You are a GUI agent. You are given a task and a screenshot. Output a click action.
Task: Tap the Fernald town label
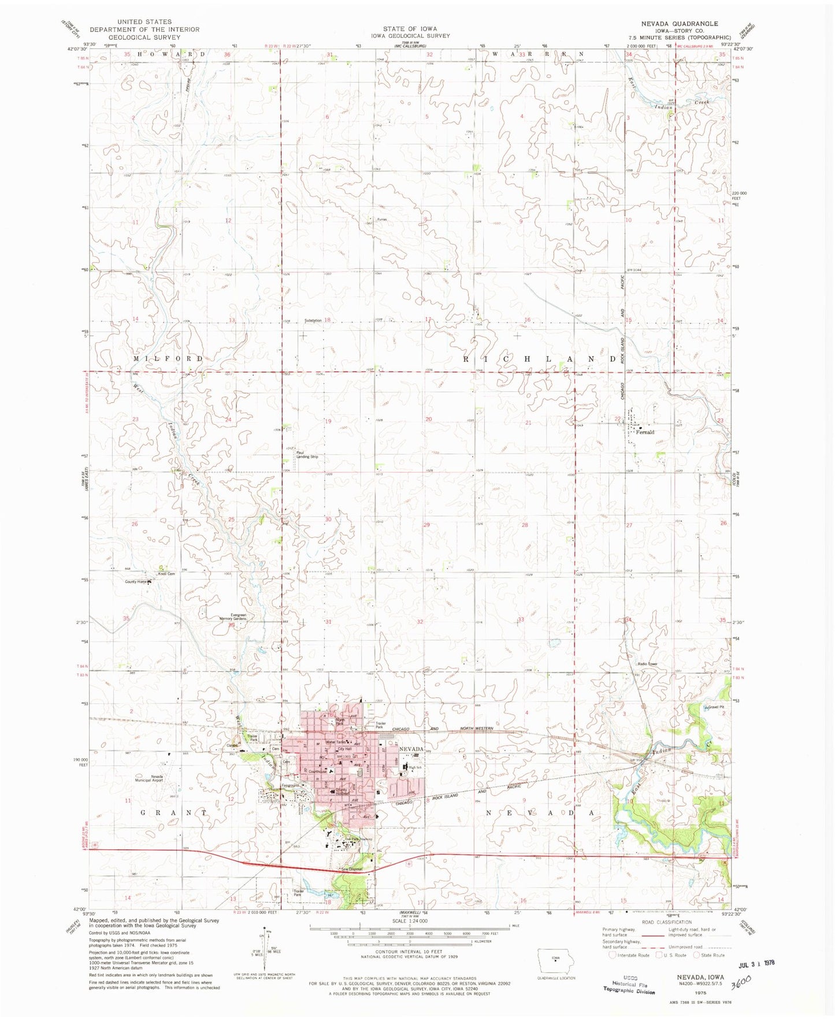[x=645, y=432]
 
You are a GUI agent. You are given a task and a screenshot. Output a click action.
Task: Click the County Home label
[x=136, y=581]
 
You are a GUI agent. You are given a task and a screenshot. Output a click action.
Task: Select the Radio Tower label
[x=647, y=663]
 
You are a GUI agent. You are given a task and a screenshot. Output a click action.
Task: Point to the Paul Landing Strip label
[x=307, y=455]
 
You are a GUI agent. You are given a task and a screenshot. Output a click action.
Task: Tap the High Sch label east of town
[x=416, y=767]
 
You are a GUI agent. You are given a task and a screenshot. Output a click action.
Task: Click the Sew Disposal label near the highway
[x=351, y=870]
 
